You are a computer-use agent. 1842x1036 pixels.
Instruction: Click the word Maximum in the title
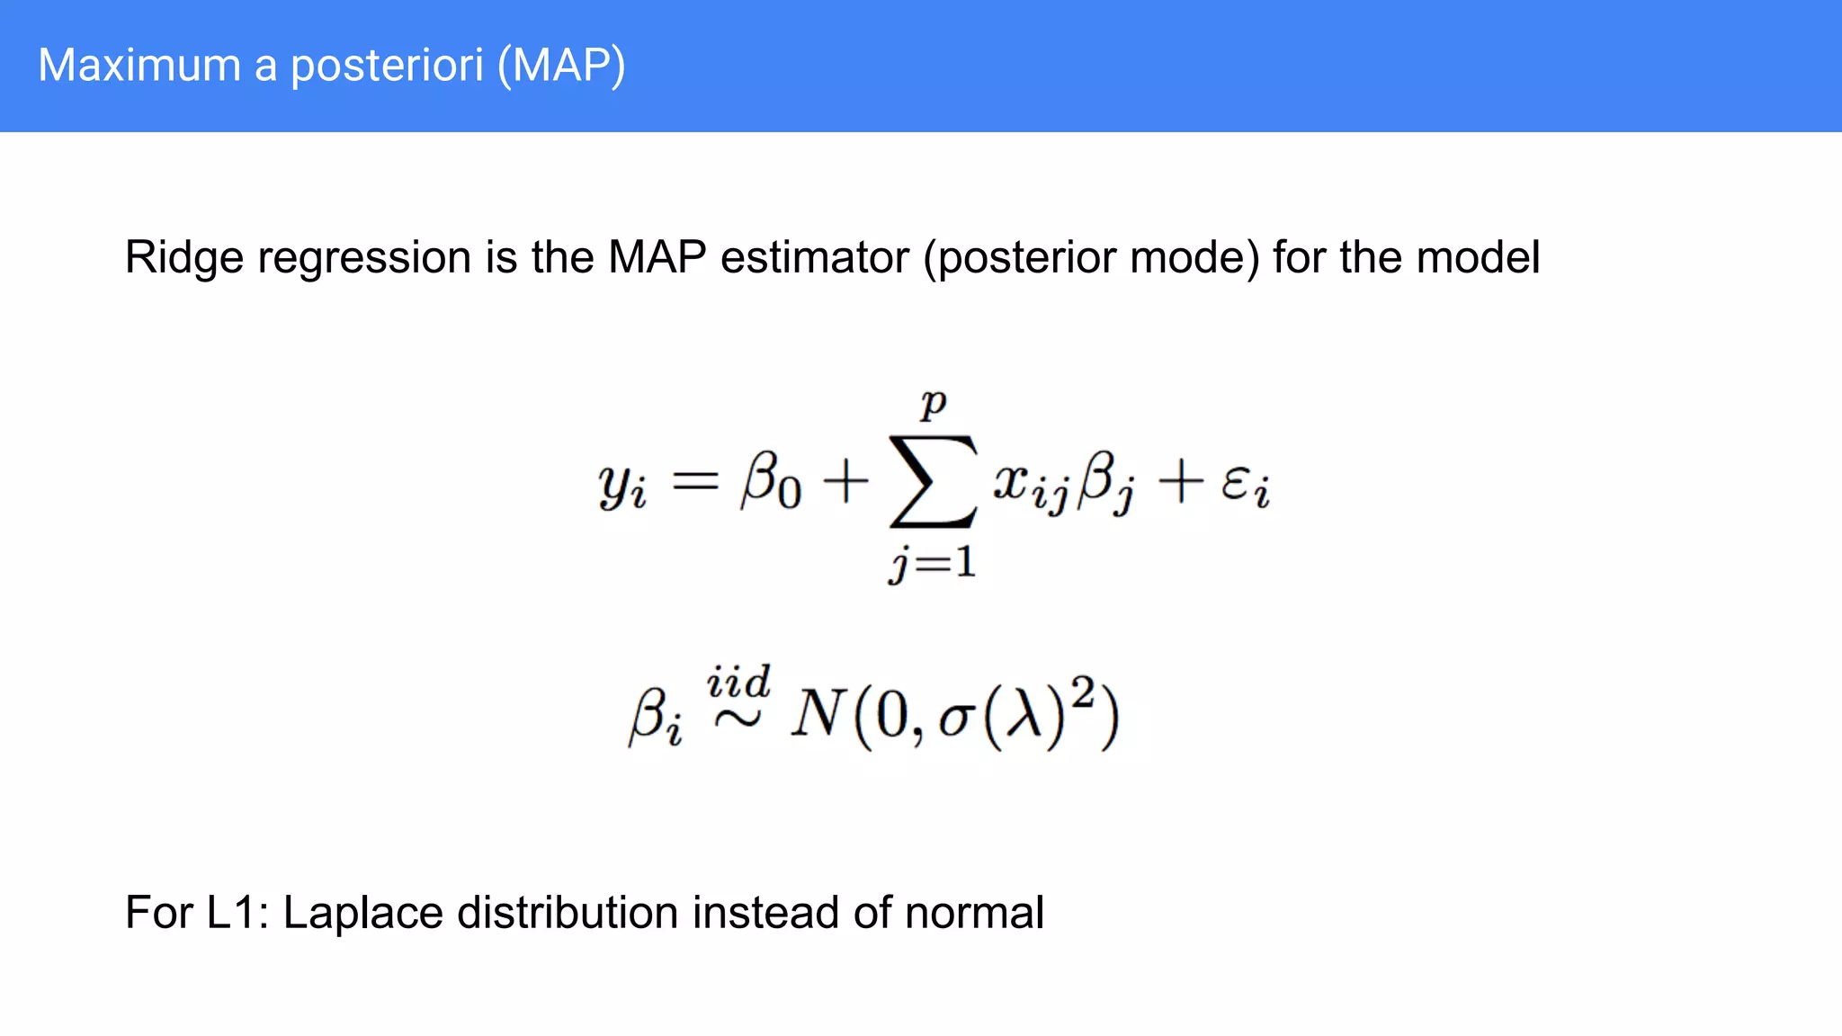(139, 66)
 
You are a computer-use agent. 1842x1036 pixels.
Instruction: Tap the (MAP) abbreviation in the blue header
(562, 66)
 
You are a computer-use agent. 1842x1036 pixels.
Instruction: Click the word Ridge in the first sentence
(184, 258)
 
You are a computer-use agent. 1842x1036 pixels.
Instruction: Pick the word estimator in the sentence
(815, 258)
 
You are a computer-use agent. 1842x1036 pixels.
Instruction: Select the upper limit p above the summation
(934, 404)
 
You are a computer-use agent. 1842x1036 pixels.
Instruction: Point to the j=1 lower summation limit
(933, 564)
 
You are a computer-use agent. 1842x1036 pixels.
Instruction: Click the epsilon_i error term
(1246, 486)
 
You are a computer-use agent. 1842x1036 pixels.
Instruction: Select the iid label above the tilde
(738, 683)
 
